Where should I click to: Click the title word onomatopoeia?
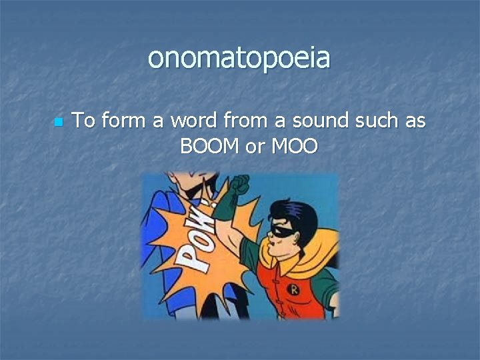tap(239, 59)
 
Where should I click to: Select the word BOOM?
tap(211, 145)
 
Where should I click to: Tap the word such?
tap(374, 121)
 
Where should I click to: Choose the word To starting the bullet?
tap(84, 121)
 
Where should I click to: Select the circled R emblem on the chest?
tap(293, 289)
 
